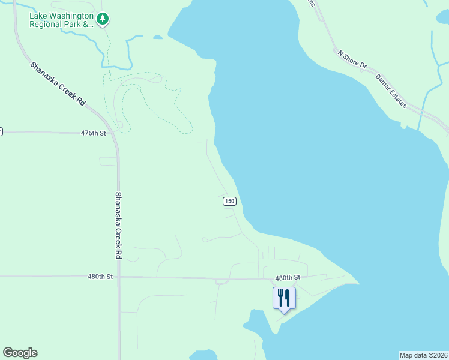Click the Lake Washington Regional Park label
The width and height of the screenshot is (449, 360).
tap(62, 20)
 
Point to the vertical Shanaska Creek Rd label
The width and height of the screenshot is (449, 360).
tap(118, 225)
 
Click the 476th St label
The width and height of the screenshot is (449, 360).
tap(93, 133)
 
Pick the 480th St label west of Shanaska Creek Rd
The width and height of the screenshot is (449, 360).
tap(100, 277)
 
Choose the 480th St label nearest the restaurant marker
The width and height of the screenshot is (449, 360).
tap(287, 278)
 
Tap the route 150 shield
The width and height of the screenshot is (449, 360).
tap(229, 201)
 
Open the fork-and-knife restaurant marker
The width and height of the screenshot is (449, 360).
tap(284, 297)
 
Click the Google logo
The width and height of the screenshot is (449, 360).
tap(20, 353)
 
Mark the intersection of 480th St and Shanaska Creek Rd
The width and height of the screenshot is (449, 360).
tap(119, 277)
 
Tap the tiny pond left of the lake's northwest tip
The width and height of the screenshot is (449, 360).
tap(157, 37)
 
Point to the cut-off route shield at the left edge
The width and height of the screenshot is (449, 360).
tap(1, 131)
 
